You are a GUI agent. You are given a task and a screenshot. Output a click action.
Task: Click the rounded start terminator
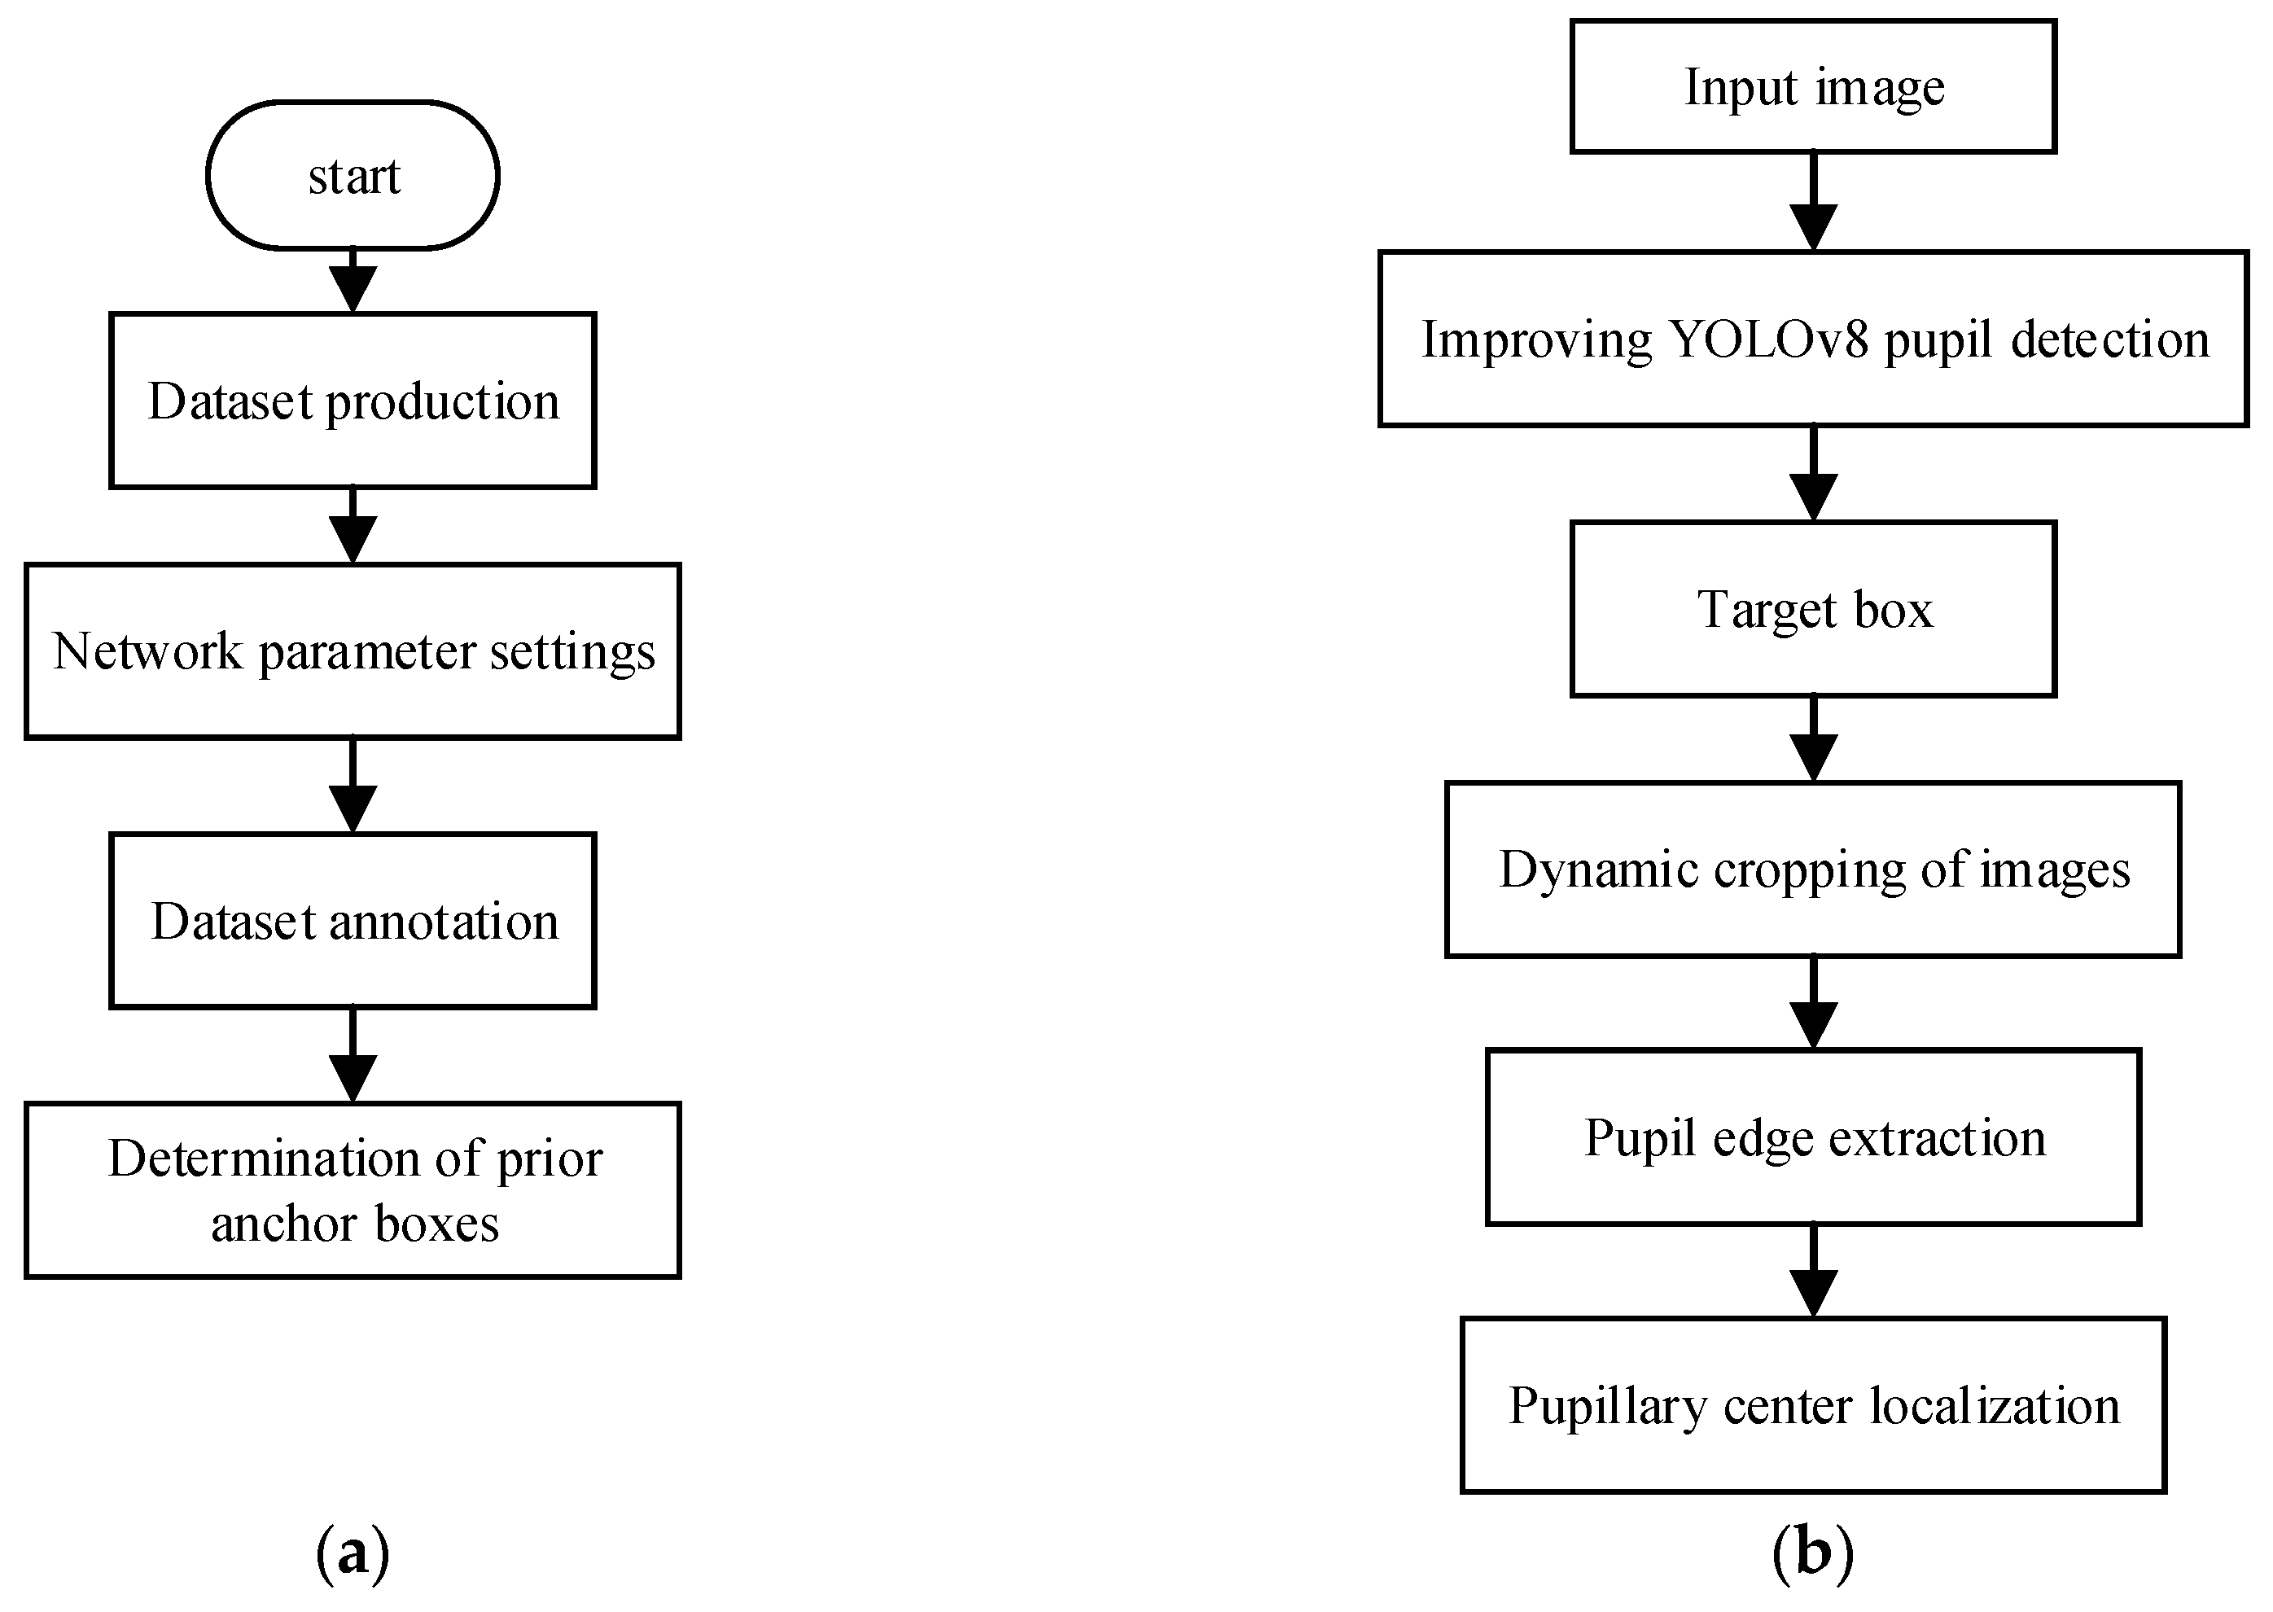[353, 176]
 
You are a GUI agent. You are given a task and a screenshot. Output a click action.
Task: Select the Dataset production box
[353, 401]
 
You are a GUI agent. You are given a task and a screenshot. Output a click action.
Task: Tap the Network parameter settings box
[353, 652]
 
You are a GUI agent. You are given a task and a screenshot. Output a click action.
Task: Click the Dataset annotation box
[353, 921]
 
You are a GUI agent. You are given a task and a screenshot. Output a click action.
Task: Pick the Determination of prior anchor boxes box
[353, 1190]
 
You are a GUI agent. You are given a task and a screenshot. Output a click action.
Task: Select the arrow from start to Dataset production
[353, 283]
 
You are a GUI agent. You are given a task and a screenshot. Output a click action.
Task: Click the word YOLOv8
[1769, 339]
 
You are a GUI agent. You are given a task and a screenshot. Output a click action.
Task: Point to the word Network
[147, 652]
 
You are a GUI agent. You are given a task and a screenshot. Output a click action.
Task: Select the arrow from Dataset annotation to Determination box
[353, 1056]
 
